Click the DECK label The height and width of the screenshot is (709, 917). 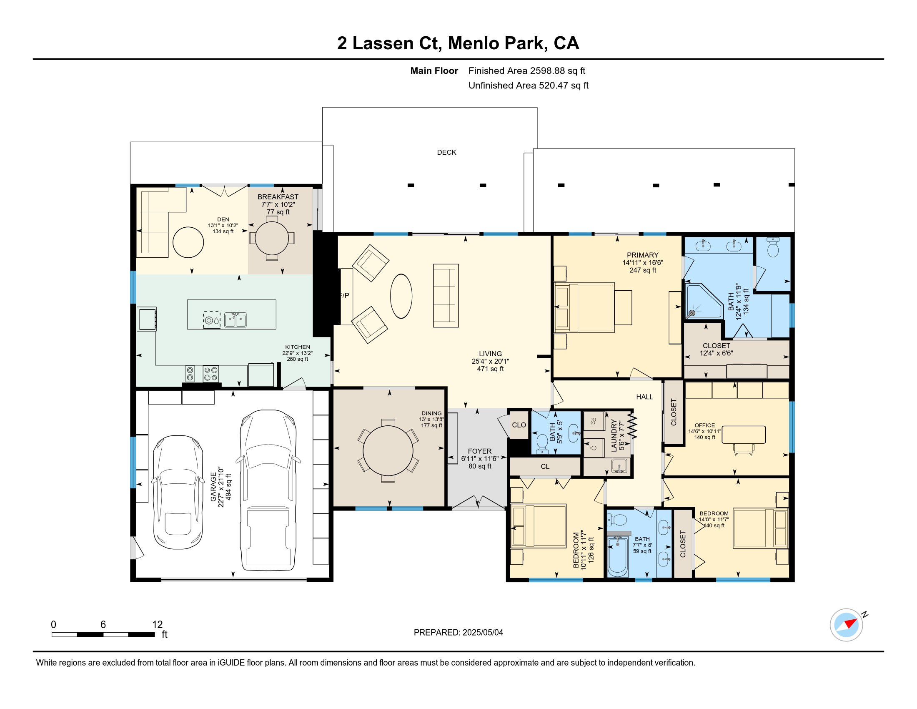446,152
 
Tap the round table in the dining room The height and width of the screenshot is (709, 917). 388,451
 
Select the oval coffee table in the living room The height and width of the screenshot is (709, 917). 401,296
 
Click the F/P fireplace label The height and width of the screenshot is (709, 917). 344,295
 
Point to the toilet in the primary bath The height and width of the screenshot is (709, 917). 772,247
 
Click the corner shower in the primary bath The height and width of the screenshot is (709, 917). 704,301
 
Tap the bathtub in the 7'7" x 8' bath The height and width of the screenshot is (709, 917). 618,556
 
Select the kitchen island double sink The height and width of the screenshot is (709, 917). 235,319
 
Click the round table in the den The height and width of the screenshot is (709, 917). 188,242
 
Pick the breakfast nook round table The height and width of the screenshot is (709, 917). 272,238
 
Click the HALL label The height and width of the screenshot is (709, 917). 644,397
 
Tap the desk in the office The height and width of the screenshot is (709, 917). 743,435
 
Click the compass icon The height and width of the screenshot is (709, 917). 846,625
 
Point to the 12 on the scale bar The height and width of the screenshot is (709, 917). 157,625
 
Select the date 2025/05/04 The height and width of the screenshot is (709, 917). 482,633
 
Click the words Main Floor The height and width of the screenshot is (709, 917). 434,71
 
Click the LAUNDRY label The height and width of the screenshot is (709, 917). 614,435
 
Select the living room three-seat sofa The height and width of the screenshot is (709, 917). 446,296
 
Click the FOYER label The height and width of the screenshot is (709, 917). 479,451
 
